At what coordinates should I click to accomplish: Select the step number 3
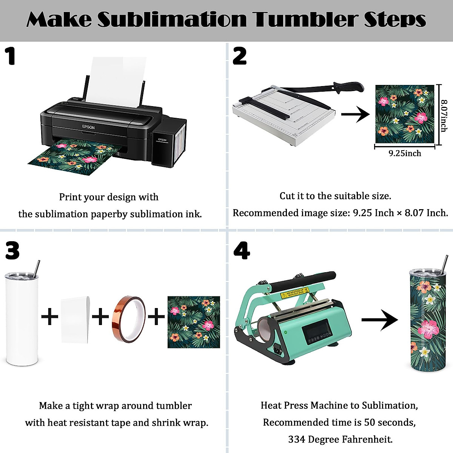pyautogui.click(x=12, y=250)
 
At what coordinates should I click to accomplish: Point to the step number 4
pyautogui.click(x=242, y=250)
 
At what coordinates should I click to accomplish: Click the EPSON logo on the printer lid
pyautogui.click(x=88, y=127)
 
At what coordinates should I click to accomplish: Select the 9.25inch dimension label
pyautogui.click(x=405, y=153)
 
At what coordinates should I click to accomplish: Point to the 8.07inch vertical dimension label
pyautogui.click(x=444, y=116)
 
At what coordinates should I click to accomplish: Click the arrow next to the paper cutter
pyautogui.click(x=355, y=114)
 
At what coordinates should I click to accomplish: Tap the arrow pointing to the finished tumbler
pyautogui.click(x=379, y=320)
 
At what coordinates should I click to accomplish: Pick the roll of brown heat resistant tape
pyautogui.click(x=129, y=317)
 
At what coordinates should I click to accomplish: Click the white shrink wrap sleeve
pyautogui.click(x=75, y=320)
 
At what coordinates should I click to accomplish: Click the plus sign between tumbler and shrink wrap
pyautogui.click(x=49, y=316)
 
